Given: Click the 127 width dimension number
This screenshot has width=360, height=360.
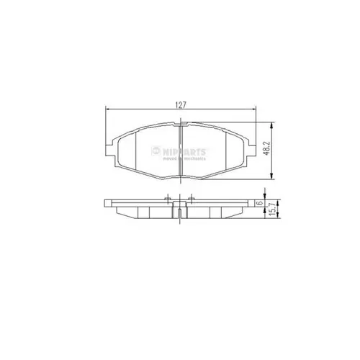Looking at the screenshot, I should (181, 104).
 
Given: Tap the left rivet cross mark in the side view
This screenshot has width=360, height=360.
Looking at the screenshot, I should (168, 199).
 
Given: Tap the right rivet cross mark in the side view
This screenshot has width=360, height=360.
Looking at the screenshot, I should (191, 199).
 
